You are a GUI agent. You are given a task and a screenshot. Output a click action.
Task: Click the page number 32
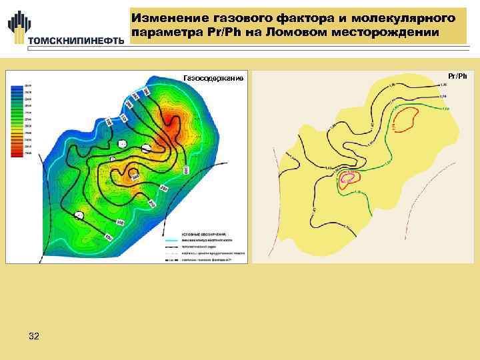(x=34, y=337)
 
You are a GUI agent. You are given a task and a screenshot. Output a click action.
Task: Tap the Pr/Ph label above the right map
(x=457, y=76)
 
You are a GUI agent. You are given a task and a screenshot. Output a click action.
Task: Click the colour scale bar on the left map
(x=15, y=120)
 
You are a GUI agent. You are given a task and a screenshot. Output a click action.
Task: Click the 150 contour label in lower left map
(x=120, y=221)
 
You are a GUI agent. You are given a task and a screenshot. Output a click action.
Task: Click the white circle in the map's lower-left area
(x=80, y=215)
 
